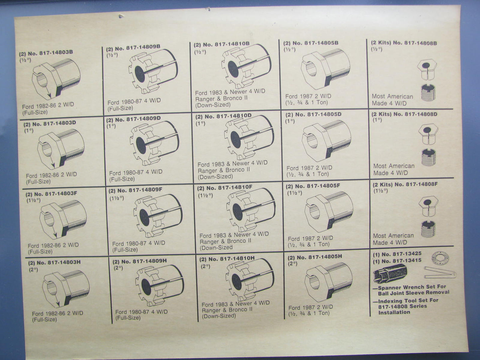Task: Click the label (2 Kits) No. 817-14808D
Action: (x=404, y=114)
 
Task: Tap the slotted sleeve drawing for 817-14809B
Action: (x=153, y=71)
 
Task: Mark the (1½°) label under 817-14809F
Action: (x=117, y=198)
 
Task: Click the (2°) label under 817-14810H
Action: (x=205, y=266)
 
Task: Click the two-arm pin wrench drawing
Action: (x=440, y=273)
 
